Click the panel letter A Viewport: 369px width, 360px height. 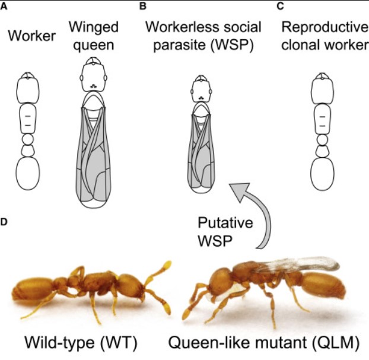4,7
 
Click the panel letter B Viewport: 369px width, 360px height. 143,7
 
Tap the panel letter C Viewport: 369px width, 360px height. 280,7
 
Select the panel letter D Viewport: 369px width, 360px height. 4,222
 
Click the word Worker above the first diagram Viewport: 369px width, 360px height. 32,36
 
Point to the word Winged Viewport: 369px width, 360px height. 93,28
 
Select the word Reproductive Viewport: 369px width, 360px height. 325,27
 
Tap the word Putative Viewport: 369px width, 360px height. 225,222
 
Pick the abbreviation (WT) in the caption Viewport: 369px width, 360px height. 119,342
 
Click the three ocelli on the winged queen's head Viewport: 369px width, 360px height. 94,87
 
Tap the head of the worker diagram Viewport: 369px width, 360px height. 28,88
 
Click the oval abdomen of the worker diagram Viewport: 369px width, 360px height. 28,173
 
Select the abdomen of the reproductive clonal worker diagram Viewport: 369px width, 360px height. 322,174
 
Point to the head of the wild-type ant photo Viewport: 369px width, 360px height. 131,287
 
